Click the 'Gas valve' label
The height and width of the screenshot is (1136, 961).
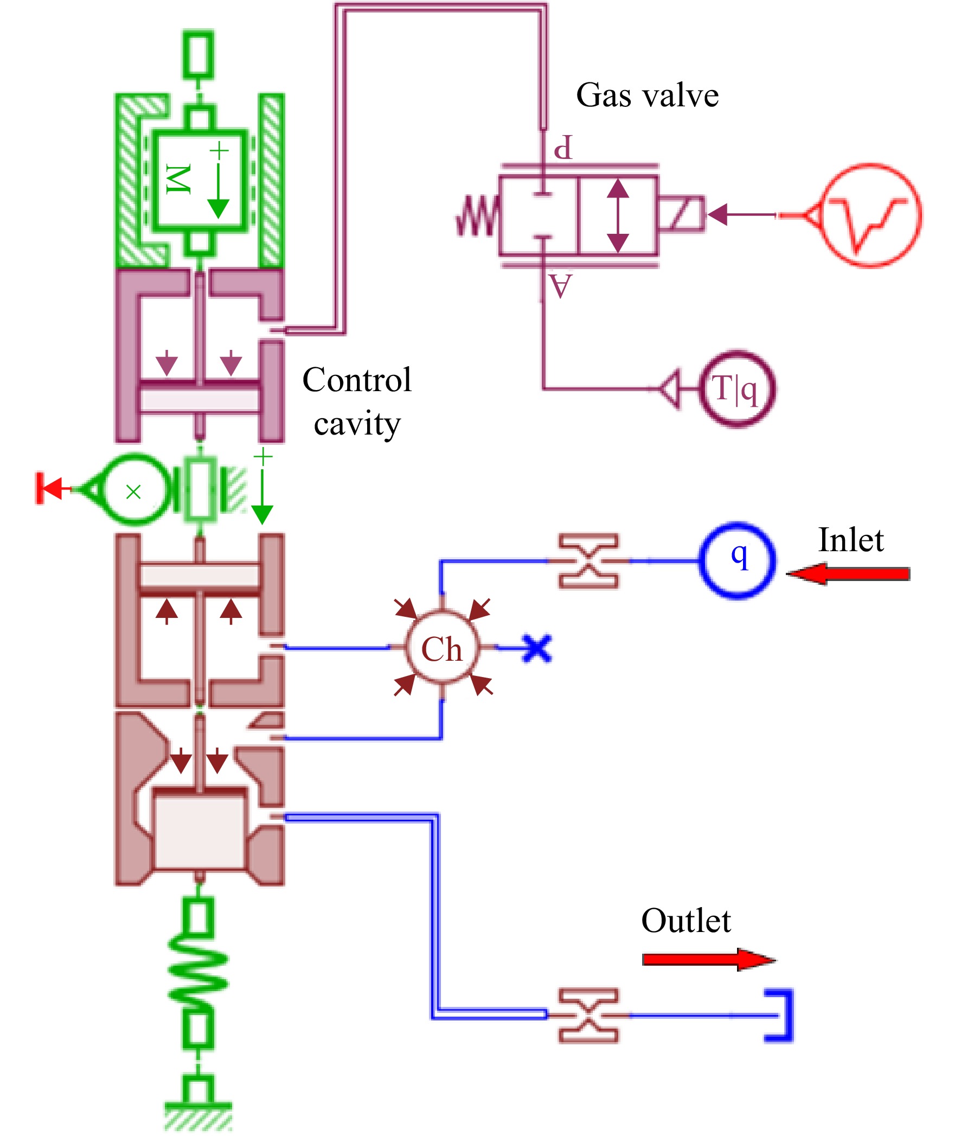[x=647, y=96]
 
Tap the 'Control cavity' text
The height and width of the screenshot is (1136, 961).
[x=357, y=401]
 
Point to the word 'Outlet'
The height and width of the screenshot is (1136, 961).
[x=686, y=920]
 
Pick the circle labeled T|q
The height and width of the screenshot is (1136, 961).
[x=702, y=388]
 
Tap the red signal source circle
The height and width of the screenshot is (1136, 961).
[x=823, y=215]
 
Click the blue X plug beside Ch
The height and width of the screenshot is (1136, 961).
[x=537, y=648]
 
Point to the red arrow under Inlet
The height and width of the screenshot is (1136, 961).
[x=848, y=574]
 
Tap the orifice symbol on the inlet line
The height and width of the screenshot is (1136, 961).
[x=589, y=560]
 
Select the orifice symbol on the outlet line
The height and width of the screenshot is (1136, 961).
[x=589, y=1016]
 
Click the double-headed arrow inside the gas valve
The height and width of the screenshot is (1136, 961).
[x=618, y=216]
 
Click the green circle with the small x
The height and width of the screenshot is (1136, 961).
[x=104, y=490]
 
